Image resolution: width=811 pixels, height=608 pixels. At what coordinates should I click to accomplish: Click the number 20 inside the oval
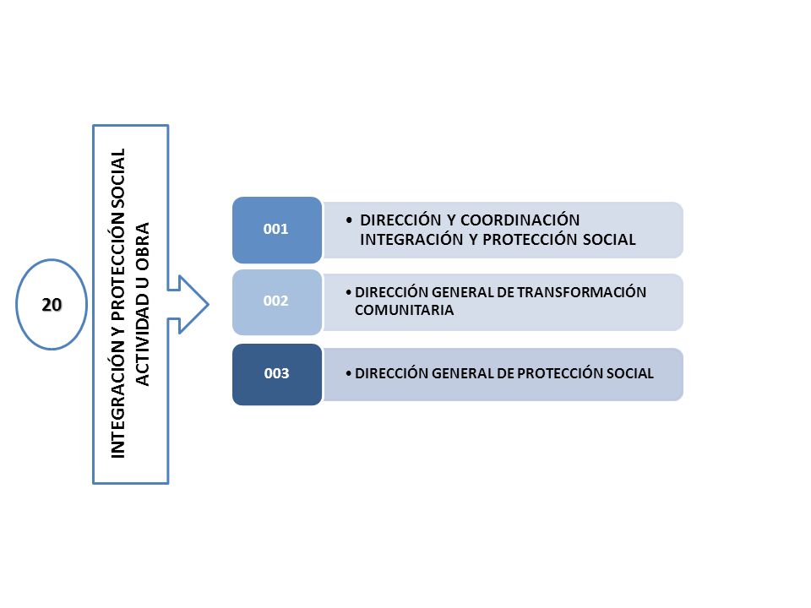click(52, 305)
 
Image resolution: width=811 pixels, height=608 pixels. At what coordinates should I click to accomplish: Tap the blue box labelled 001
click(277, 230)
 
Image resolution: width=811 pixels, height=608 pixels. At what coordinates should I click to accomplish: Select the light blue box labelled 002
click(277, 302)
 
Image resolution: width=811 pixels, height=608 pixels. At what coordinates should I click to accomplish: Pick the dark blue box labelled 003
click(277, 374)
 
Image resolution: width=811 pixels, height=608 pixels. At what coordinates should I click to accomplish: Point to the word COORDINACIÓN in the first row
click(520, 220)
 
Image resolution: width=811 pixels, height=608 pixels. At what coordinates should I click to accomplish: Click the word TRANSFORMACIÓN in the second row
click(581, 292)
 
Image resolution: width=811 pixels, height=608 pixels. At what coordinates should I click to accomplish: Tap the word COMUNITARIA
click(404, 310)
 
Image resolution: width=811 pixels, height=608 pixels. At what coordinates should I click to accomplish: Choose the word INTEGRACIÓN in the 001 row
click(411, 239)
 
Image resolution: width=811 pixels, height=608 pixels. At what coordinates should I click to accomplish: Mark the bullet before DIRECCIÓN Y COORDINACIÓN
click(349, 220)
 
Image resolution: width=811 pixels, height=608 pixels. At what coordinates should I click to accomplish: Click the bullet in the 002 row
click(349, 293)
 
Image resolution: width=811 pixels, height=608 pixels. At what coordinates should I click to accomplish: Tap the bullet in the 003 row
click(349, 373)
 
